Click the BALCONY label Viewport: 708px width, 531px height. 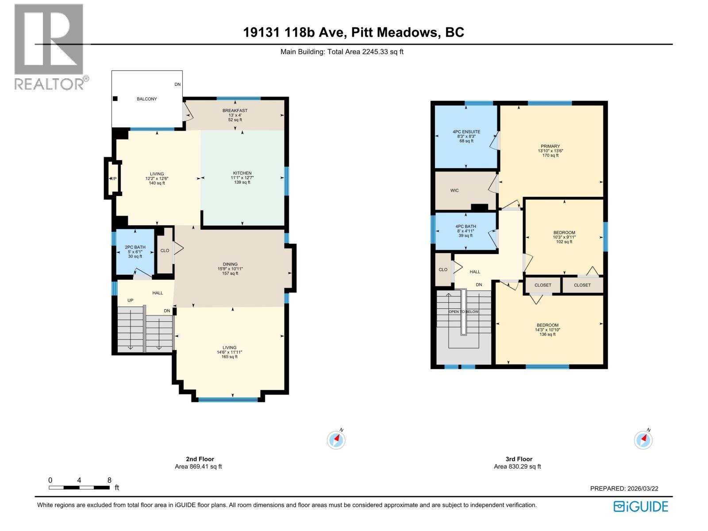tap(146, 99)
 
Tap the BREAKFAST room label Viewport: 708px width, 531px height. tap(235, 111)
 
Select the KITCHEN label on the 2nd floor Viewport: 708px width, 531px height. tap(242, 173)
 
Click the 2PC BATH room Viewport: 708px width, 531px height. tap(135, 252)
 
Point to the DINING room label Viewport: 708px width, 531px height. tap(230, 265)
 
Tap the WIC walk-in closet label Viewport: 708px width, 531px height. tap(454, 191)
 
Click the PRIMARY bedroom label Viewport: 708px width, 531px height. tap(550, 146)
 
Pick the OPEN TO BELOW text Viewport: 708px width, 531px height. tap(464, 312)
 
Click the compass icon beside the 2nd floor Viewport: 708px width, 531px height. tap(336, 440)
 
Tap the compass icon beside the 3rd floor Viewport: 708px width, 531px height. tap(643, 440)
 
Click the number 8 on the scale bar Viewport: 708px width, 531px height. tap(109, 480)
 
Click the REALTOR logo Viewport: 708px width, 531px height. tap(50, 46)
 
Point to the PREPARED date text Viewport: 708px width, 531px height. tap(624, 489)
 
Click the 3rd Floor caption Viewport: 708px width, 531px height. tap(519, 459)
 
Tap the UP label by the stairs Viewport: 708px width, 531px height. tap(130, 300)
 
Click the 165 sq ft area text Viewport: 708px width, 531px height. tap(229, 357)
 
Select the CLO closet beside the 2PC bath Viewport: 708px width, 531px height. tap(165, 250)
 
